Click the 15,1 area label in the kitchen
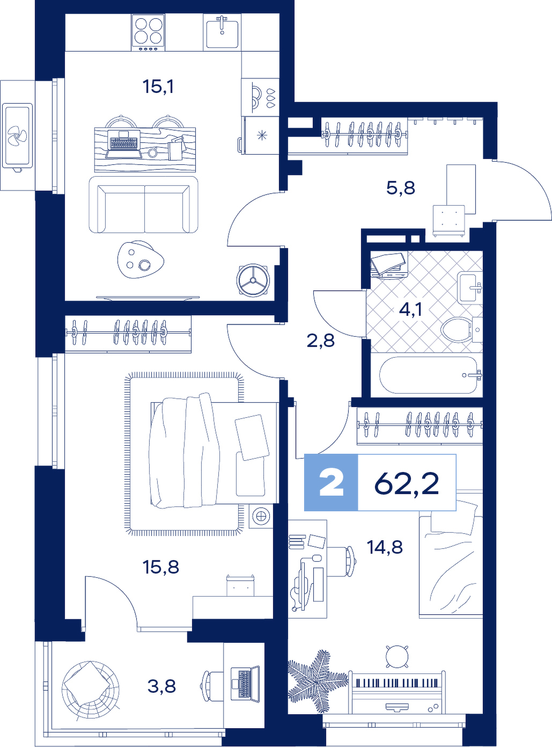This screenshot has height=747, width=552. pos(158,87)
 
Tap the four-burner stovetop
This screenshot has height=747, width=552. pos(148,32)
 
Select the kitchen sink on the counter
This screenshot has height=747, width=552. pos(222,33)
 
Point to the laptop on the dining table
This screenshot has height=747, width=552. pos(123,144)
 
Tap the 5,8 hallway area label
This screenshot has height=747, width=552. pos(401,188)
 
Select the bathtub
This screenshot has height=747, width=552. pos(431,375)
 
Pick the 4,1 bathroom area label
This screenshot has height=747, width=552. pos(410,308)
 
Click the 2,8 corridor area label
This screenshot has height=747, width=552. pos(321,340)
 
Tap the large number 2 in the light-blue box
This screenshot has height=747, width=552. pos(331,483)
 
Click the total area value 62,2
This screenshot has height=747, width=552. pos(407,484)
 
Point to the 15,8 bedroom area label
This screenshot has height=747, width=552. pos(161,567)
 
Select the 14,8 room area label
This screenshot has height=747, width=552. pos(385,547)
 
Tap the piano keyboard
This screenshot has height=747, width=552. pos(399,683)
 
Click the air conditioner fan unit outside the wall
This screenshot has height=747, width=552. pos(18,135)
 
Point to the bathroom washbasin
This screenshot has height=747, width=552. pos(470,288)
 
